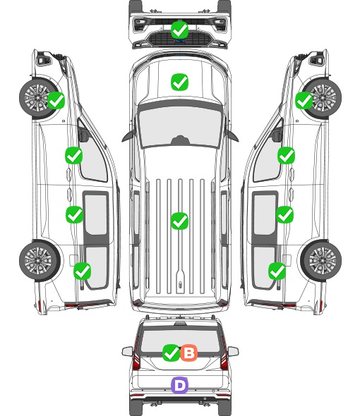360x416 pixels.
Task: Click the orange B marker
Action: pyautogui.click(x=189, y=353)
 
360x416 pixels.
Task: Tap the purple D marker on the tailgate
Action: pyautogui.click(x=180, y=385)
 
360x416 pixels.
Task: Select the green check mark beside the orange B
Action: pyautogui.click(x=171, y=353)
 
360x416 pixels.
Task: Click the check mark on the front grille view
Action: pyautogui.click(x=180, y=30)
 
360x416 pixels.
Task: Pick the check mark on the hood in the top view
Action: pyautogui.click(x=180, y=82)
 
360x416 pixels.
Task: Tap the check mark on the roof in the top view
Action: pyautogui.click(x=180, y=221)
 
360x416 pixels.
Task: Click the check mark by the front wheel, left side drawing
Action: pyautogui.click(x=56, y=100)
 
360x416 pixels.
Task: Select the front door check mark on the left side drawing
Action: pyautogui.click(x=74, y=155)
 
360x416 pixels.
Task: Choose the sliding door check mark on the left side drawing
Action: pyautogui.click(x=74, y=214)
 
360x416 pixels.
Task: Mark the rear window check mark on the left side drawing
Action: pyautogui.click(x=83, y=271)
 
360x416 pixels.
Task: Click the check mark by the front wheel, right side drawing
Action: pyautogui.click(x=304, y=100)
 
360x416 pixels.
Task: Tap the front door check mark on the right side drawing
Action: pyautogui.click(x=286, y=155)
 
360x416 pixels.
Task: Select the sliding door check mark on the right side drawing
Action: pyautogui.click(x=285, y=214)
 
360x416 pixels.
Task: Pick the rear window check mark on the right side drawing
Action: pyautogui.click(x=277, y=271)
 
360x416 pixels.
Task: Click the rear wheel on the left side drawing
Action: pyautogui.click(x=40, y=260)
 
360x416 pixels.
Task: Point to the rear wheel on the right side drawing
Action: pyautogui.click(x=321, y=260)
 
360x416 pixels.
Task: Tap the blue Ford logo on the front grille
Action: pyautogui.click(x=180, y=41)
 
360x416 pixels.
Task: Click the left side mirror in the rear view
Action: pyautogui.click(x=127, y=351)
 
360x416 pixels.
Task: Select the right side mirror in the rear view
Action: pyautogui.click(x=233, y=351)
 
